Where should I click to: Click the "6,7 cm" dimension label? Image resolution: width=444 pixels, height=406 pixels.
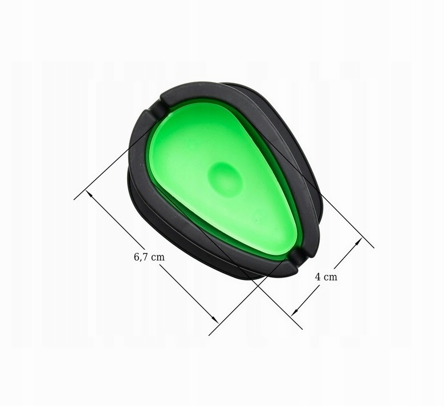pyautogui.click(x=149, y=257)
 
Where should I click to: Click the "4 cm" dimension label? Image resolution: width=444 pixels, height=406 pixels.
pyautogui.click(x=326, y=277)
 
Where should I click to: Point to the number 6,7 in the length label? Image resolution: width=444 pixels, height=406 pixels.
pyautogui.click(x=141, y=257)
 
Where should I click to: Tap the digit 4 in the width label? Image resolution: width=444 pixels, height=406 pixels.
pyautogui.click(x=317, y=277)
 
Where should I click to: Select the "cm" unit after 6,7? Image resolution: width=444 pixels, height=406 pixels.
pyautogui.click(x=158, y=257)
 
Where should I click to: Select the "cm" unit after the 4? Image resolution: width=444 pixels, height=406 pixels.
pyautogui.click(x=331, y=277)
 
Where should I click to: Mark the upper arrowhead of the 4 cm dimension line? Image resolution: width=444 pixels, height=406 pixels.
pyautogui.click(x=359, y=242)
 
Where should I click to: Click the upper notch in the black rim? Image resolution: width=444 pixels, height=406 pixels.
pyautogui.click(x=162, y=107)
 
